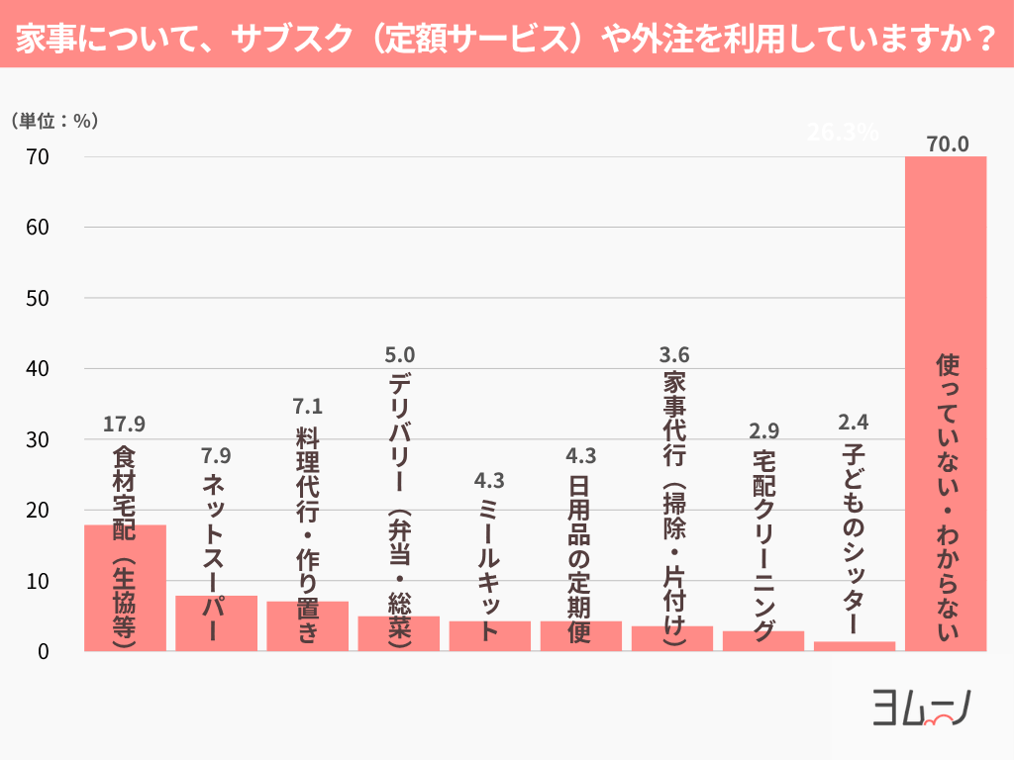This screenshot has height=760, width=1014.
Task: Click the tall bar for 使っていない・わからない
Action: click(x=947, y=297)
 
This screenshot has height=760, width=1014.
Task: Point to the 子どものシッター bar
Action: click(x=855, y=646)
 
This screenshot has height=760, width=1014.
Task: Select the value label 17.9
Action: click(x=125, y=425)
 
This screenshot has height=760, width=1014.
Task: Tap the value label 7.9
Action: click(x=216, y=456)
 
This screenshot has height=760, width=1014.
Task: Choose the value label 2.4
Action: click(x=854, y=423)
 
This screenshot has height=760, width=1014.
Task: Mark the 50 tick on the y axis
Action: click(x=39, y=298)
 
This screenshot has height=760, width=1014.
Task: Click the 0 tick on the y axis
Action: click(x=45, y=651)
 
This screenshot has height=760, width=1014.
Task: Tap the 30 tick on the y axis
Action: click(x=39, y=439)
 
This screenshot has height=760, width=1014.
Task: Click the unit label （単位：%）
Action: click(x=54, y=121)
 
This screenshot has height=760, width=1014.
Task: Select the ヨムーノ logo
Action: click(x=920, y=707)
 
